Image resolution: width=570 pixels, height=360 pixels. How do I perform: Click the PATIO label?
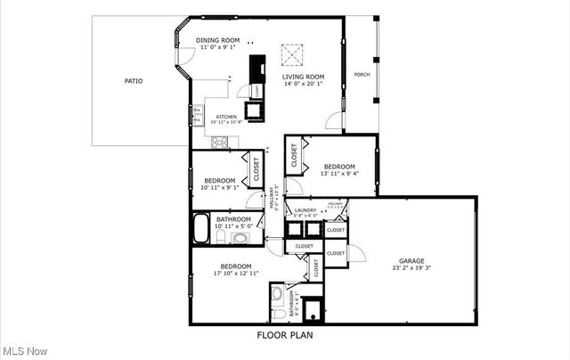click(x=133, y=81)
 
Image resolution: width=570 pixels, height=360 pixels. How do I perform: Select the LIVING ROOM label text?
click(x=303, y=77)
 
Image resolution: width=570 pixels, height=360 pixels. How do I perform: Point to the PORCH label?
click(x=362, y=74)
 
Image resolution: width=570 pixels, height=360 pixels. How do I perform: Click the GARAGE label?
click(x=411, y=260)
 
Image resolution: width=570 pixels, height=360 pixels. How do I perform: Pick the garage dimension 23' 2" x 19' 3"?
click(x=411, y=267)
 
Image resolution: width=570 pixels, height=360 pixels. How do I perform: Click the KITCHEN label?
click(x=226, y=116)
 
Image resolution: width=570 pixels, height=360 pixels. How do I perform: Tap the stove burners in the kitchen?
click(x=219, y=141)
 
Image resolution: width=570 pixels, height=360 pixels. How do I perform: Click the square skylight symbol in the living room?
click(x=291, y=55)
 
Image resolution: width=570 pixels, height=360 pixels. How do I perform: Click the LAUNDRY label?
click(x=305, y=210)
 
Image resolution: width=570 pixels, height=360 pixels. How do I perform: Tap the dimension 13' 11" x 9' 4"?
click(x=339, y=174)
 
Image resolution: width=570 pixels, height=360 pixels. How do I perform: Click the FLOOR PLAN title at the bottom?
click(x=284, y=336)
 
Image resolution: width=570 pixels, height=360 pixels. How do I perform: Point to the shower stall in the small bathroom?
click(x=312, y=309)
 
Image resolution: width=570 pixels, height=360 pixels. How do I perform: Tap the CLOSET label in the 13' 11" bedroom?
click(x=295, y=156)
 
